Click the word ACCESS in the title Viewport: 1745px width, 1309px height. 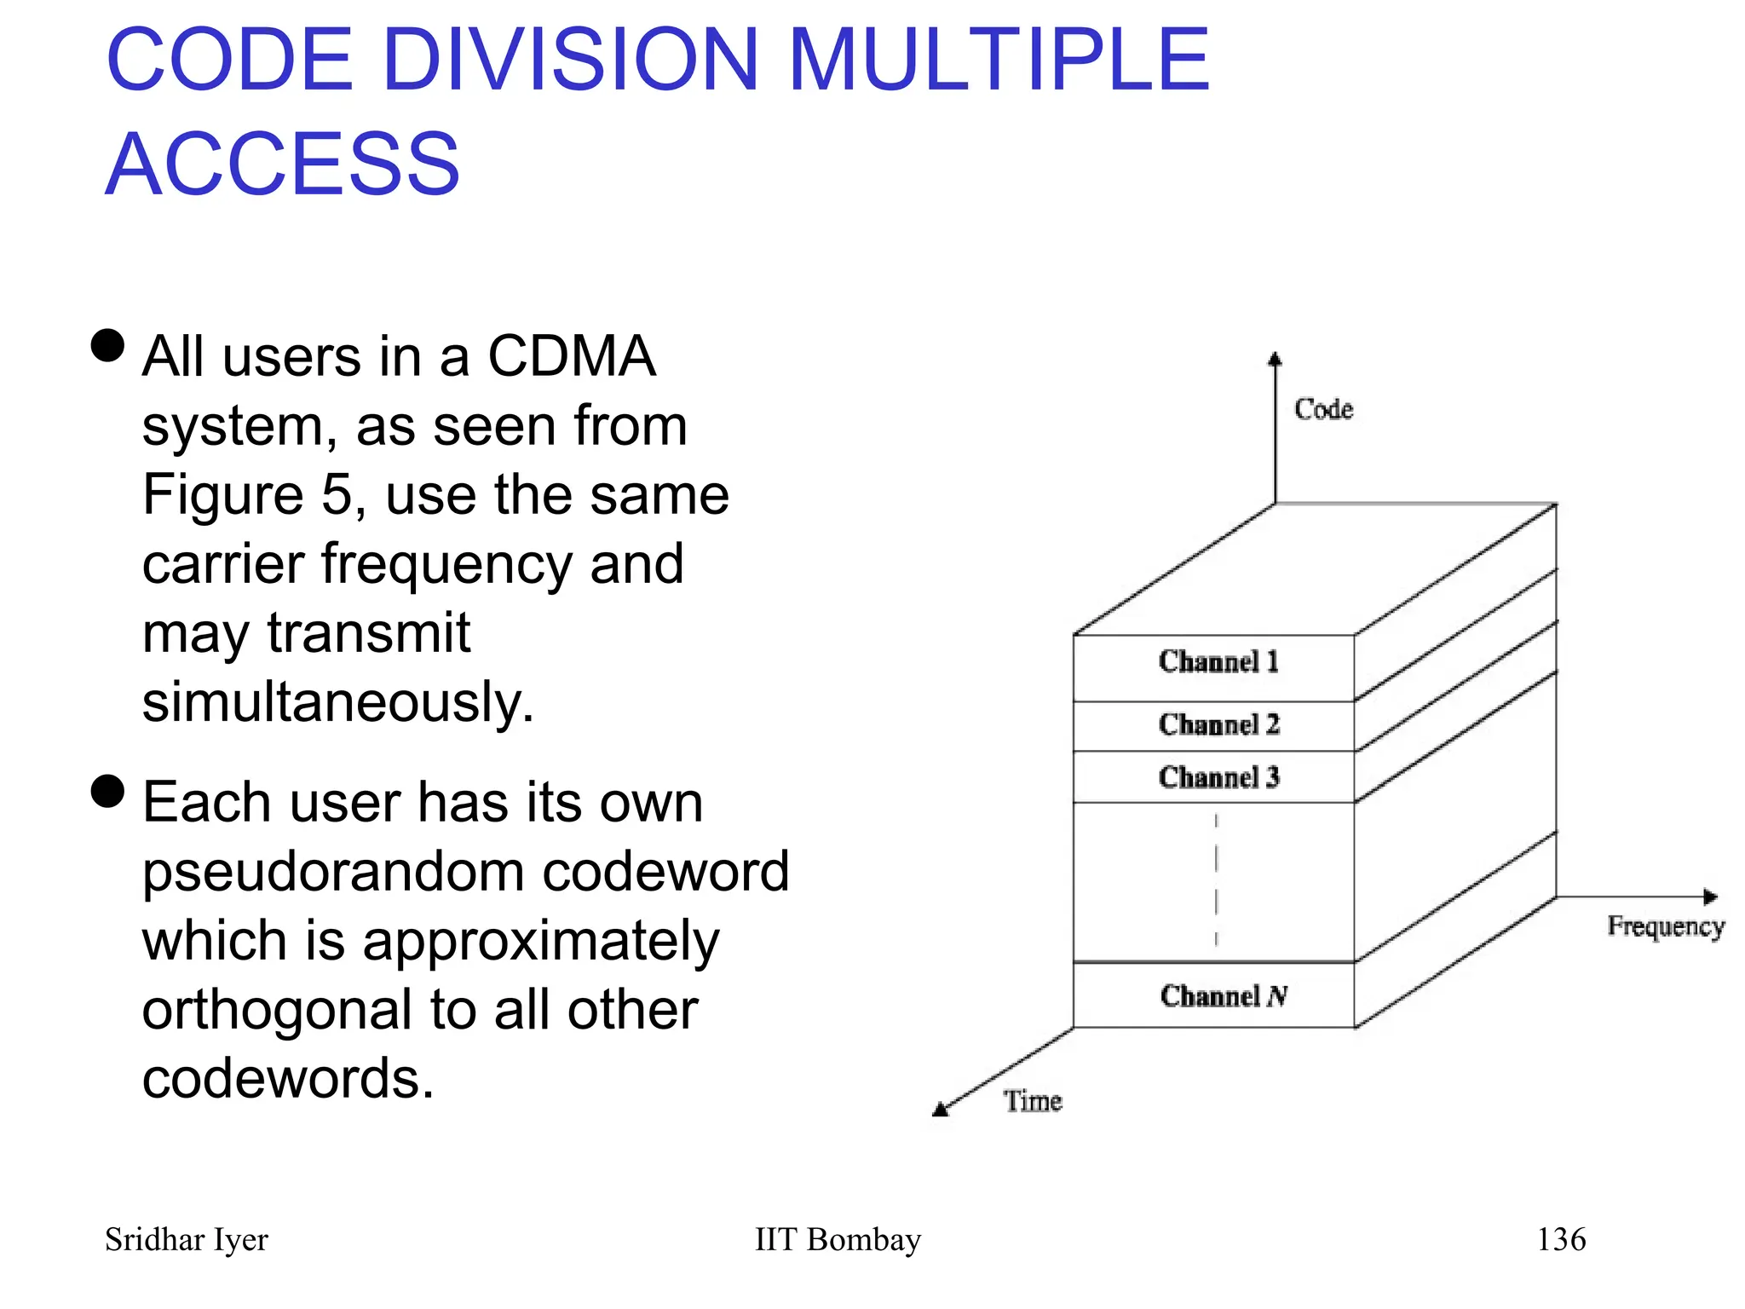coord(283,164)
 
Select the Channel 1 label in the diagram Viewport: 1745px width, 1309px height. coord(1218,662)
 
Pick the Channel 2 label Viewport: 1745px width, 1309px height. coord(1218,725)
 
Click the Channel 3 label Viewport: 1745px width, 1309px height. coord(1218,777)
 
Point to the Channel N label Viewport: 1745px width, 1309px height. coord(1224,996)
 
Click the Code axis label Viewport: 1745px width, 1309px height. coord(1323,410)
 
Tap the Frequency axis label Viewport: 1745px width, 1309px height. coord(1665,926)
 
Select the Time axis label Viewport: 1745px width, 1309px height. coord(1033,1101)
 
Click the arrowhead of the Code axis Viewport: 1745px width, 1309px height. coord(1275,360)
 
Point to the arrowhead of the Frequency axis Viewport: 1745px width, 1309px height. coord(1710,897)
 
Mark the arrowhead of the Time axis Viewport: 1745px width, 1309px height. coord(941,1109)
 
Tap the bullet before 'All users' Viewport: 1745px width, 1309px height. coord(107,346)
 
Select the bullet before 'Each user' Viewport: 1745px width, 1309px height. coord(107,791)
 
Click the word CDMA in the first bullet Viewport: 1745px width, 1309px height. coord(571,356)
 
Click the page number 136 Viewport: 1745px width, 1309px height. coord(1561,1239)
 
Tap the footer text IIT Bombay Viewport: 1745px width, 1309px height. coord(838,1239)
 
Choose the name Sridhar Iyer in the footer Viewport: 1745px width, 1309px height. coord(186,1240)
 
